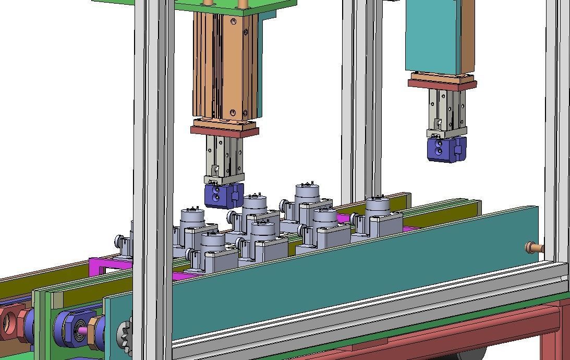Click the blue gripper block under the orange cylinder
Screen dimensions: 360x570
pyautogui.click(x=223, y=195)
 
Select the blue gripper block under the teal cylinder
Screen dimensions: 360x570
pyautogui.click(x=446, y=149)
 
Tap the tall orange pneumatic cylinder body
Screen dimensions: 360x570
pyautogui.click(x=225, y=65)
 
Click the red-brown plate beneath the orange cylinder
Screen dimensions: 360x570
pyautogui.click(x=224, y=130)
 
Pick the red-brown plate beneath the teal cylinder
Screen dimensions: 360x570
pyautogui.click(x=442, y=84)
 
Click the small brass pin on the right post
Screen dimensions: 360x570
pyautogui.click(x=533, y=247)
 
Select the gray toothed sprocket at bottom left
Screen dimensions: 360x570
pyautogui.click(x=125, y=334)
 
